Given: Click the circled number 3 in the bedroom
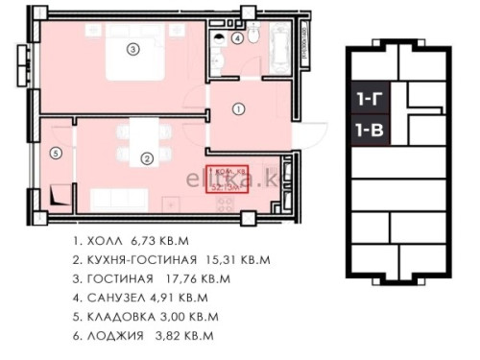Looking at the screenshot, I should pyautogui.click(x=133, y=48).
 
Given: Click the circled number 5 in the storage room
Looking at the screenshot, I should pyautogui.click(x=56, y=152).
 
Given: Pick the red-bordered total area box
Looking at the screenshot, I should pyautogui.click(x=227, y=180).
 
